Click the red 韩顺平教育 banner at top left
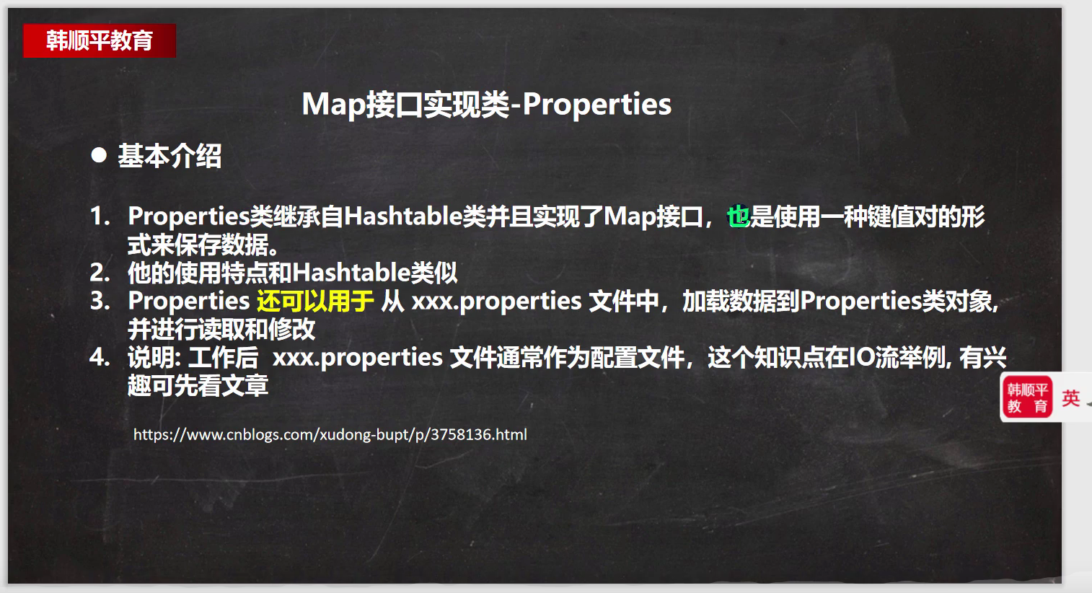click(x=100, y=40)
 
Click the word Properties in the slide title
click(x=596, y=105)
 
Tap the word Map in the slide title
click(x=333, y=105)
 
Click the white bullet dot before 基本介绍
click(x=99, y=155)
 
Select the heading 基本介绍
click(x=169, y=156)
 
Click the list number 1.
click(x=100, y=216)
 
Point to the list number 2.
click(x=100, y=273)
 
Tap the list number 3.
click(x=100, y=301)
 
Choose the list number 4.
click(x=100, y=357)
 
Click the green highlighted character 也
click(x=738, y=216)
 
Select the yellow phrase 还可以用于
click(x=315, y=301)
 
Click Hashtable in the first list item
click(x=403, y=216)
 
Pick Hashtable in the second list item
click(x=351, y=273)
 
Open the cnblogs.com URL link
click(x=330, y=434)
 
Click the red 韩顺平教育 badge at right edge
click(x=1028, y=397)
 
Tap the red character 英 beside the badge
click(x=1070, y=398)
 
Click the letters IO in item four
click(x=862, y=357)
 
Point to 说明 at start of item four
click(x=151, y=357)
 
